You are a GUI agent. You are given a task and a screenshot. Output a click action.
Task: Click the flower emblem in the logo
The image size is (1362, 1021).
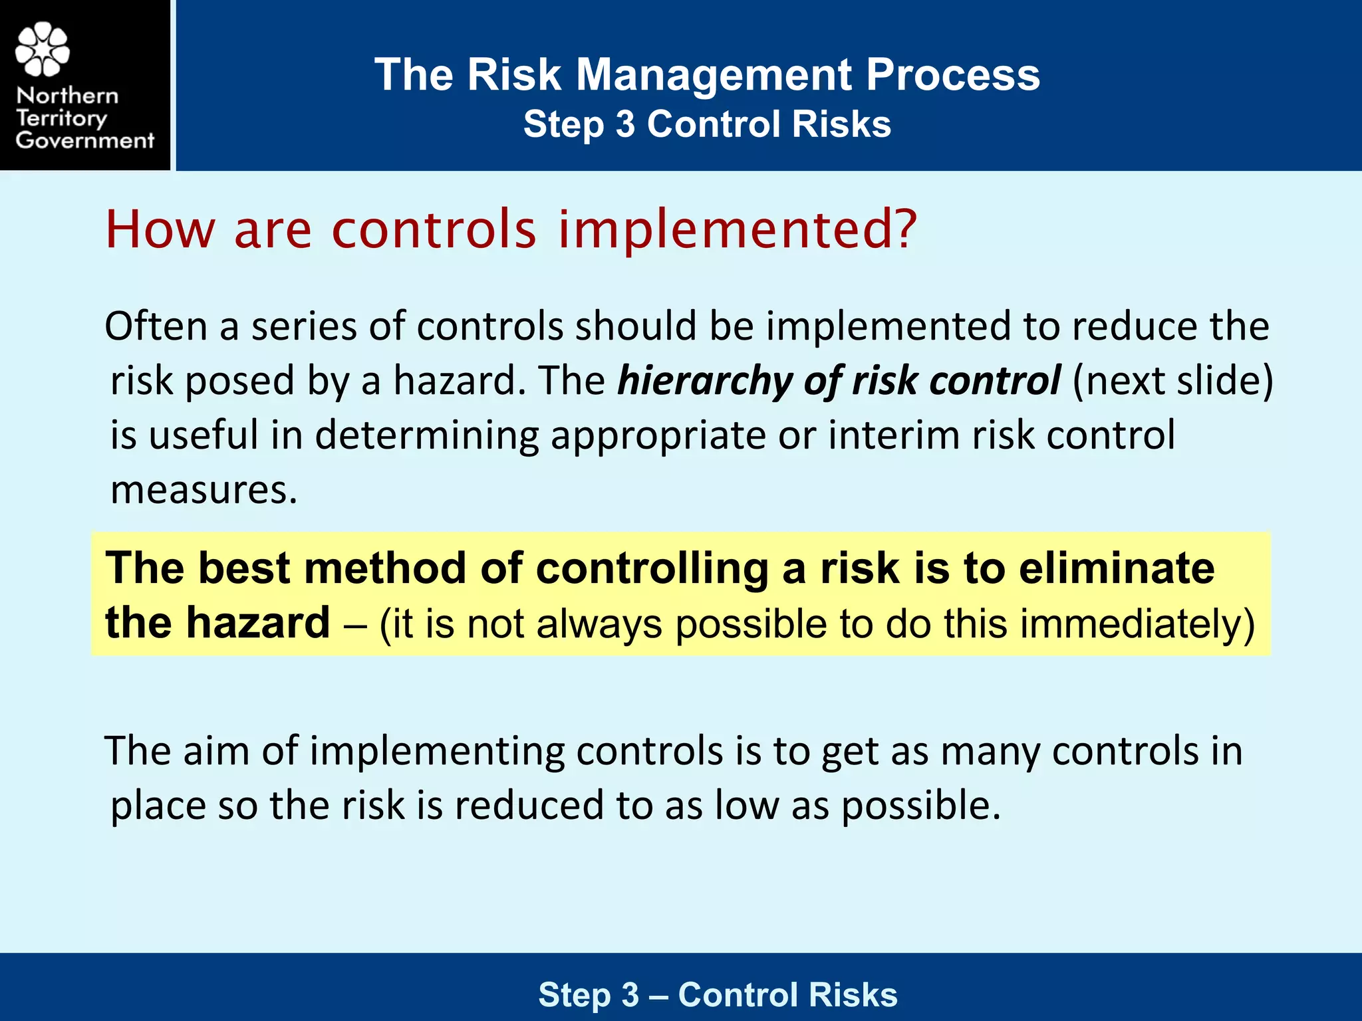42,49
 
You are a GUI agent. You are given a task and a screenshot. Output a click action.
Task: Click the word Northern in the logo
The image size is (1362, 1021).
67,96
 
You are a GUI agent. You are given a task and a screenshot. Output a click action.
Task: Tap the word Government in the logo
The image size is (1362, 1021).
85,140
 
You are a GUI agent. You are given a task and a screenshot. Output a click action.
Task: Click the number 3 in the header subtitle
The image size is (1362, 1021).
625,124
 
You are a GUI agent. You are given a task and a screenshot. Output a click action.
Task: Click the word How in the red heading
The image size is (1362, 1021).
160,229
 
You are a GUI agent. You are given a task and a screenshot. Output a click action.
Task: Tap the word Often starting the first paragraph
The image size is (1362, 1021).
156,326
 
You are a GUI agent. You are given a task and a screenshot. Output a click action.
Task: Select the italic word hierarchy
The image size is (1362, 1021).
705,382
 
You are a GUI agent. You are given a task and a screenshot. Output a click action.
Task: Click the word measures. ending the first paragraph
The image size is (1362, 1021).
204,490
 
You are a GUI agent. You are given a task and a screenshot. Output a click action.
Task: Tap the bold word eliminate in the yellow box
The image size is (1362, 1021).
1117,568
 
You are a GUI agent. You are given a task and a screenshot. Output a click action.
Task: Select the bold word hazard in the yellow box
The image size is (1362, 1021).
257,623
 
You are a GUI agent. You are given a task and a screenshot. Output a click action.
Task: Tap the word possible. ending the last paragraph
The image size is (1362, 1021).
921,806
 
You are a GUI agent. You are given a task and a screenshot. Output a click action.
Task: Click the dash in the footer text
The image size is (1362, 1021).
658,996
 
